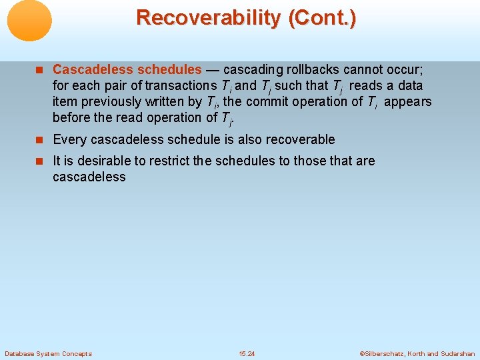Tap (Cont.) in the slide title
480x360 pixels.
click(323, 17)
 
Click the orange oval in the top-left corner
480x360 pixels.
click(29, 21)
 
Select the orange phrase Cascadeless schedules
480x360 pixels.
click(127, 69)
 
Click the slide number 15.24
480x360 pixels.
click(247, 353)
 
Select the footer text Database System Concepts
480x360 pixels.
click(48, 353)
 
